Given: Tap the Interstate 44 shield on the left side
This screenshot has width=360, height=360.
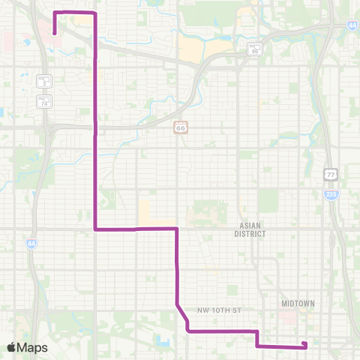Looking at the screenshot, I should tap(31, 244).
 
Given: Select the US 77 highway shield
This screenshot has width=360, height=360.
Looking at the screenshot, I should tap(331, 174).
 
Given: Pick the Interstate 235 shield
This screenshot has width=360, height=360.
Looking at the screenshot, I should tap(331, 193).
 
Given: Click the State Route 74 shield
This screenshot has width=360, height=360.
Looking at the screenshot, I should tap(43, 101).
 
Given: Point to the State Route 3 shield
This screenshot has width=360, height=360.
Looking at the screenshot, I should tap(43, 82).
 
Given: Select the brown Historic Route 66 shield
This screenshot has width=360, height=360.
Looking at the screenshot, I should tap(180, 128).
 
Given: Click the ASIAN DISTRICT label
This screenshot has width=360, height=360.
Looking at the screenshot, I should tap(253, 229).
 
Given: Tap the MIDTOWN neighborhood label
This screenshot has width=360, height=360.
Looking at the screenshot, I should tap(298, 303).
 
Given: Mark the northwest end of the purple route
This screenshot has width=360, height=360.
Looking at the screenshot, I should tap(55, 32).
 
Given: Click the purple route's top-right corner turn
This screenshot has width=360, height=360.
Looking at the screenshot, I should tap(95, 13).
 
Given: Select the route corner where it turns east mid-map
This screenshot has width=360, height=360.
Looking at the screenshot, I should tap(95, 229).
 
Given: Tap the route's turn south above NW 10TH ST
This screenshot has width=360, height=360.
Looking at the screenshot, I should tap(176, 229).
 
